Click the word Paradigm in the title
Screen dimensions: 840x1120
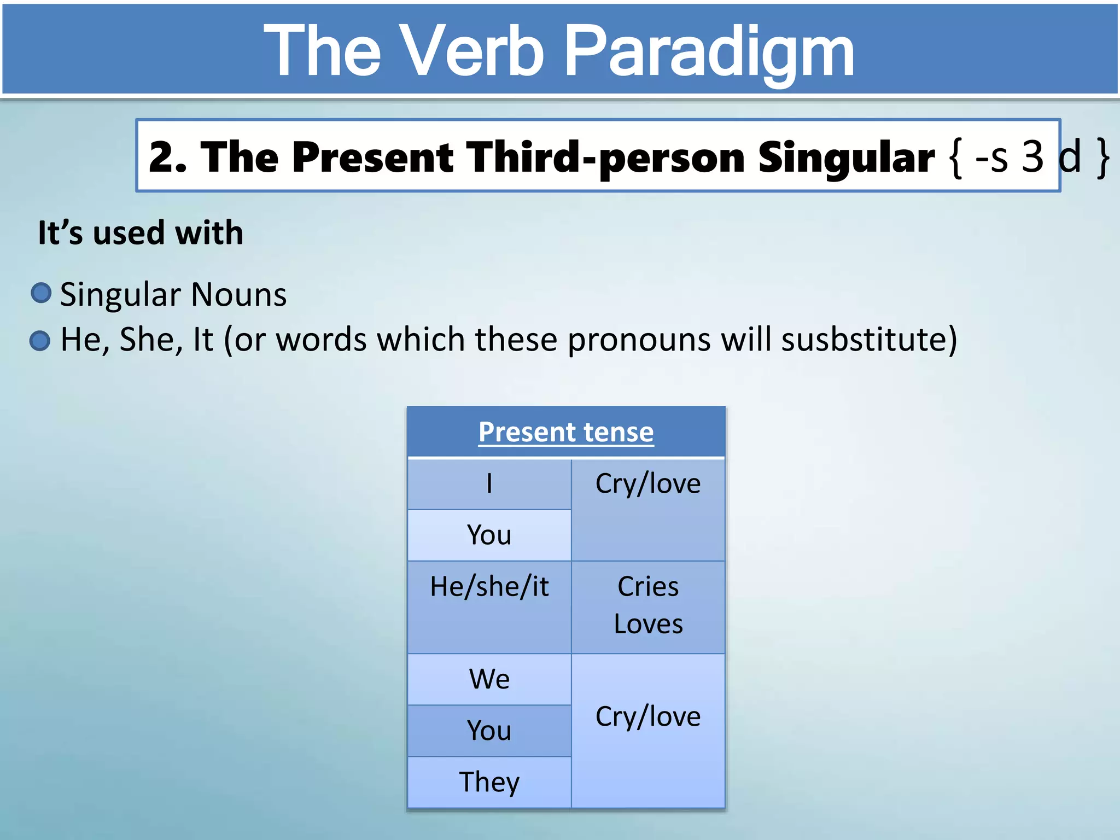tap(709, 52)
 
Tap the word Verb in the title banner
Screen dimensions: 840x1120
tap(471, 52)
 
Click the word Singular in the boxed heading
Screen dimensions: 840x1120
tap(846, 157)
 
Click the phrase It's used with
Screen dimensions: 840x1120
tap(141, 233)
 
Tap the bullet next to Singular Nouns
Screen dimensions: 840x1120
tap(41, 293)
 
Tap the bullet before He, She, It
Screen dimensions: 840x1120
tap(40, 341)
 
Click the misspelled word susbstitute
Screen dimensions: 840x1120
tap(869, 340)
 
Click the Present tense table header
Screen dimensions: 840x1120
tap(566, 432)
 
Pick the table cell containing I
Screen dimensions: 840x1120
tap(489, 484)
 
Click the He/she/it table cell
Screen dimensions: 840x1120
tap(489, 587)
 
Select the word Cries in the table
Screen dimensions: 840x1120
tap(648, 587)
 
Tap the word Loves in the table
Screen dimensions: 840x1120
tap(648, 624)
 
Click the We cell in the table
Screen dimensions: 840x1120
tap(489, 679)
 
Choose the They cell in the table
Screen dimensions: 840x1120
tap(489, 782)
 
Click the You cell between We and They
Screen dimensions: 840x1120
tap(489, 731)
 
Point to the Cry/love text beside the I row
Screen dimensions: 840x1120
tap(648, 484)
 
